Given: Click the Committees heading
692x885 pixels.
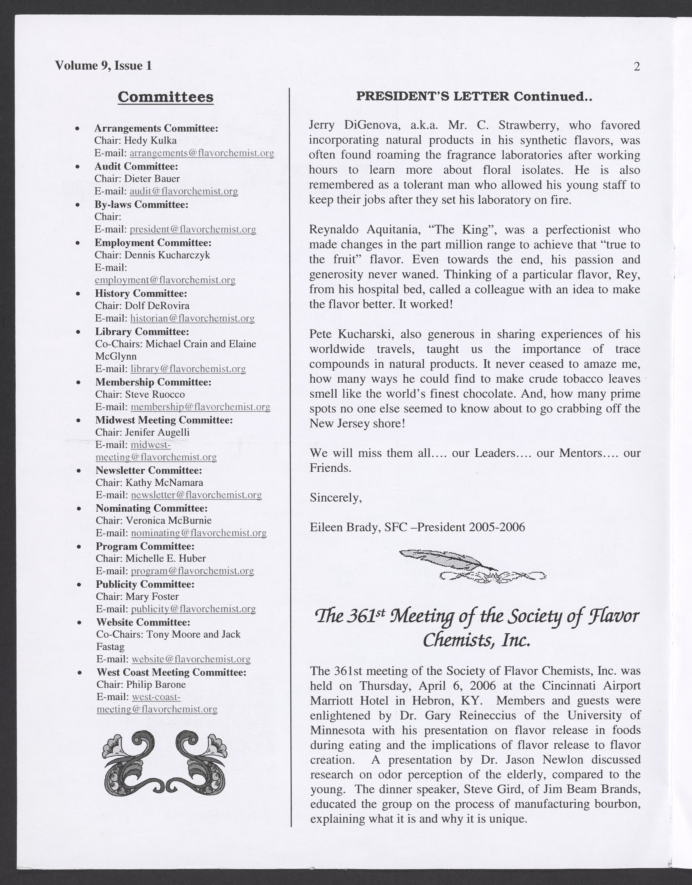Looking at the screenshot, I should point(165,97).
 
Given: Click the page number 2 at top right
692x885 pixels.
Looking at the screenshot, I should point(636,66).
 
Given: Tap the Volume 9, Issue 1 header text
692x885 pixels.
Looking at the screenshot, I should point(103,66).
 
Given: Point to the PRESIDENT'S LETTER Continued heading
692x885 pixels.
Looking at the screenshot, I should point(474,97).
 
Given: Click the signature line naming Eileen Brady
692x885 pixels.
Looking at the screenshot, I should point(417,527).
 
